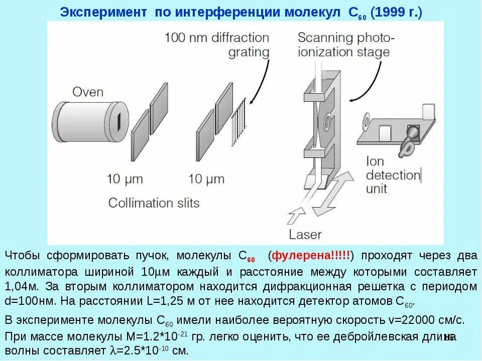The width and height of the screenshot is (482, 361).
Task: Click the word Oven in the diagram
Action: coord(88,92)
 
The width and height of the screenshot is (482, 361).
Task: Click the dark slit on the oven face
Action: coord(119,121)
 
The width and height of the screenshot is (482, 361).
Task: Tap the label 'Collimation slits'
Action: coord(154,203)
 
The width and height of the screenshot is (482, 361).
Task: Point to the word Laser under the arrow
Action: coord(305,234)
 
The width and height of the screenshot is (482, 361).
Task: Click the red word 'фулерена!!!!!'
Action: coord(311,256)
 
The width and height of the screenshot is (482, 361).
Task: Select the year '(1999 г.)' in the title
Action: coord(397,13)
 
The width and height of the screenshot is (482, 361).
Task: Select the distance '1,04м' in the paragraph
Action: coord(21,287)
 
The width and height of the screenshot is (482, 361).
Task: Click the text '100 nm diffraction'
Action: coord(217,38)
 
